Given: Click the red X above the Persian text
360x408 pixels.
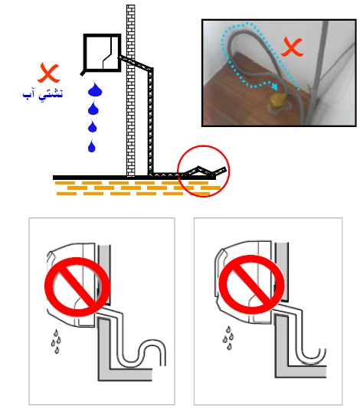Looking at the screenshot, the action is point(48,73).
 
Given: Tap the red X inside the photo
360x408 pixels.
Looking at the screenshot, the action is point(292,47).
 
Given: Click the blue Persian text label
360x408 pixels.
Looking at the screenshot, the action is point(43,93).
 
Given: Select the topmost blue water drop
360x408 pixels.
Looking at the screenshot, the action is point(95,89).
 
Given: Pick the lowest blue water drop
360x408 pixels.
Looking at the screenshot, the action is point(92,145).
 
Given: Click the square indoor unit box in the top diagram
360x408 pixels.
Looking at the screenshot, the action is point(103,53).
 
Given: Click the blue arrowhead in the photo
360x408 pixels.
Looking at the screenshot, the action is point(275,86).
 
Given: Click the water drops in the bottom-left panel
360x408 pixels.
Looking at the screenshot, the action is point(56,341).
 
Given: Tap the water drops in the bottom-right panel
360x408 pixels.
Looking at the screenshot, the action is point(228,338).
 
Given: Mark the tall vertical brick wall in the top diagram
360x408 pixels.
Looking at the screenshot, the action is point(131,90).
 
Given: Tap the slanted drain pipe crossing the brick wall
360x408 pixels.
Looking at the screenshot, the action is point(136,63).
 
